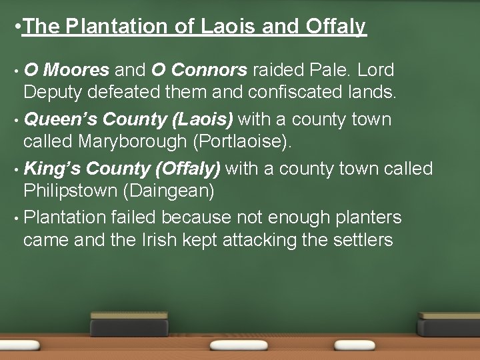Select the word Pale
321,69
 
